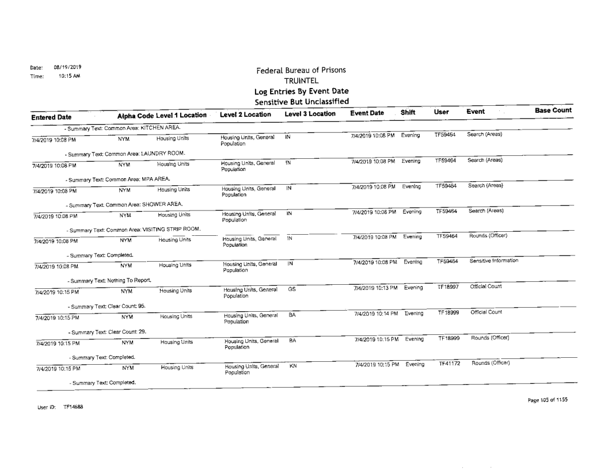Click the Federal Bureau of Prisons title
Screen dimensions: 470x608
[x=301, y=70]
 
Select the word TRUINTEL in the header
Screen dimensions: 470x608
[x=301, y=82]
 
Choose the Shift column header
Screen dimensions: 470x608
[x=409, y=114]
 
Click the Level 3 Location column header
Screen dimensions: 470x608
[x=310, y=114]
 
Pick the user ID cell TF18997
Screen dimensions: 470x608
[x=449, y=286]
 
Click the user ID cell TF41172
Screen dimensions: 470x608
[x=450, y=364]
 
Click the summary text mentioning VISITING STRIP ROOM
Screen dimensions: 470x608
[x=132, y=230]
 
